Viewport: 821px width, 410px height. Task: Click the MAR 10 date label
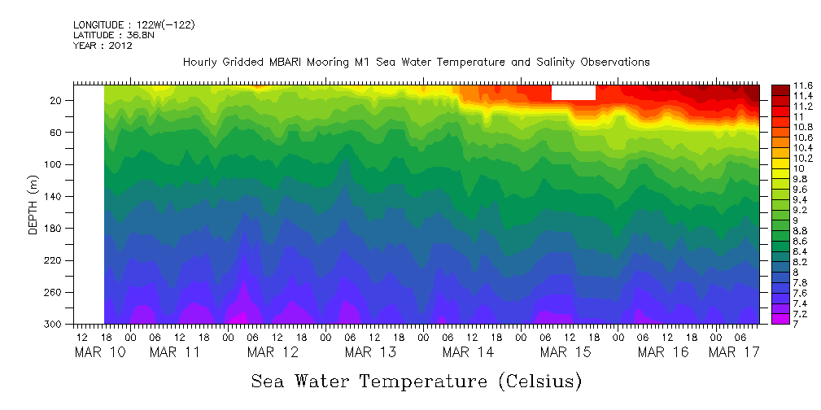94,352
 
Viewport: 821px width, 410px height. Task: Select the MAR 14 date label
468,352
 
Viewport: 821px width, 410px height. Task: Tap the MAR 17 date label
734,352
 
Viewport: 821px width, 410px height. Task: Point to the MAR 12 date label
273,352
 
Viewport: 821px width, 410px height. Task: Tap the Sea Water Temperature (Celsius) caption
417,381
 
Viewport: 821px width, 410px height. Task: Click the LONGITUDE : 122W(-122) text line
133,25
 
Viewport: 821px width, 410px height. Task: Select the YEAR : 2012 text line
103,46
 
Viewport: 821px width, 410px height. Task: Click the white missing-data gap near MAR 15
573,92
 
